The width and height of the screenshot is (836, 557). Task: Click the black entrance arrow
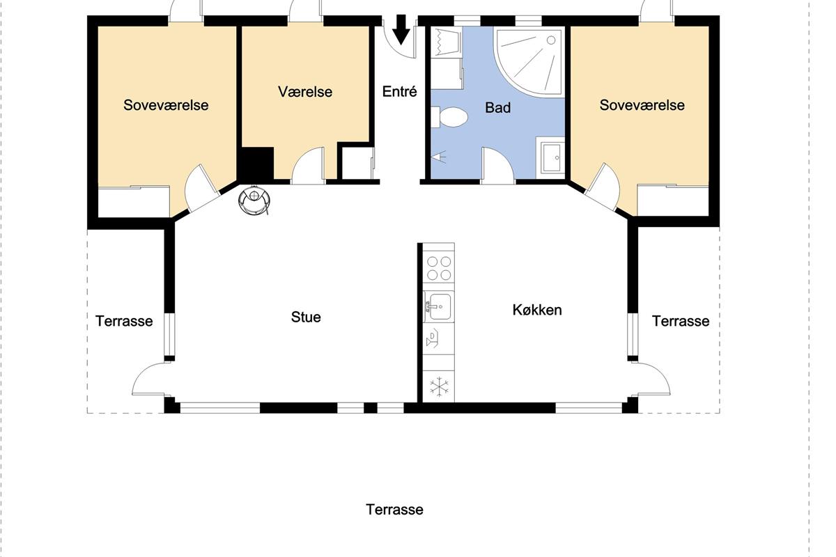[x=401, y=29]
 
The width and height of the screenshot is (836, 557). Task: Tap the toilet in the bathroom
[x=449, y=117]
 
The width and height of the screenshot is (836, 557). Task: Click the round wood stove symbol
[x=254, y=201]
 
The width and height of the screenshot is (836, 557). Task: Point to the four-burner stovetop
[x=439, y=268]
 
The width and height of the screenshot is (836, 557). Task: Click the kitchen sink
[x=439, y=306]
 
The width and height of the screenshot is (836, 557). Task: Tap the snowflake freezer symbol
[x=440, y=386]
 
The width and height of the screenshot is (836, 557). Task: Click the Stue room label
[x=306, y=317]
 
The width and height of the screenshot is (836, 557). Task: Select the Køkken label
[x=537, y=310]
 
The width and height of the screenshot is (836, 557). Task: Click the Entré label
[x=399, y=91]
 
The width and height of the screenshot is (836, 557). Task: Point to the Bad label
[x=498, y=108]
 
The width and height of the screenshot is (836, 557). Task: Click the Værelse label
[x=305, y=92]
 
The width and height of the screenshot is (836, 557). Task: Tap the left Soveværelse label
[x=166, y=105]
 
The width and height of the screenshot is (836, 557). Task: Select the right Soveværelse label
[x=642, y=105]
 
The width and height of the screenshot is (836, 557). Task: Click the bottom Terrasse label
[x=394, y=510]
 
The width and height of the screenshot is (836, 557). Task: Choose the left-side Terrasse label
[x=124, y=321]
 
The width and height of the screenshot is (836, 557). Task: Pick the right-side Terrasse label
[x=681, y=321]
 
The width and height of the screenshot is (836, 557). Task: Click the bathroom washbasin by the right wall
[x=550, y=157]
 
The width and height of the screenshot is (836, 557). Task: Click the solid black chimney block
[x=256, y=164]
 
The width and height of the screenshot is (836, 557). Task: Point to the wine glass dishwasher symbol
[x=433, y=338]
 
